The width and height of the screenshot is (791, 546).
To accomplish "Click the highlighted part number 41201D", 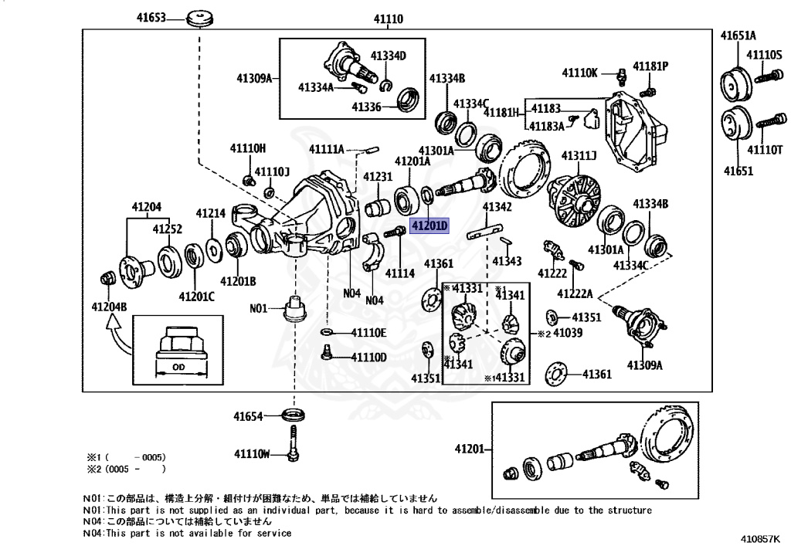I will (429, 226).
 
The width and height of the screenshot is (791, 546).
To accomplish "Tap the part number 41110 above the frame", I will (388, 17).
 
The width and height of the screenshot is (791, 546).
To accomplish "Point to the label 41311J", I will (579, 156).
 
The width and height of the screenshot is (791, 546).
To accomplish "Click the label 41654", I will (250, 416).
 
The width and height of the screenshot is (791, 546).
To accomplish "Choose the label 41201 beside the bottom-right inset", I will (470, 449).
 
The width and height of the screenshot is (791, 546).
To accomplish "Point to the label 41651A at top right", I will (738, 36).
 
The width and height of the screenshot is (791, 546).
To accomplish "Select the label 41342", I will (497, 207).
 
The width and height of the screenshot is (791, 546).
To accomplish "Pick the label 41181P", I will (650, 66).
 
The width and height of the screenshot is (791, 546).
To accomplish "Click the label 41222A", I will (575, 293).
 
